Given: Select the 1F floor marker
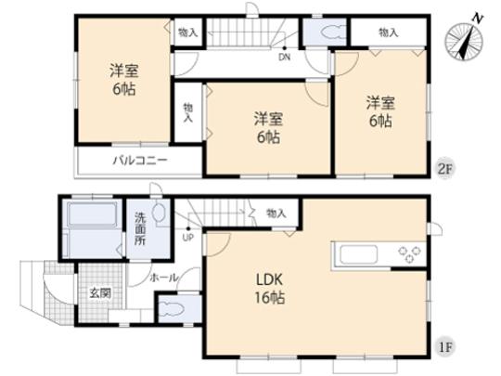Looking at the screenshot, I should [445, 349].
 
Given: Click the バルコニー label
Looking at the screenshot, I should [140, 161].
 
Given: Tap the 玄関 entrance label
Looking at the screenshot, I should [98, 292].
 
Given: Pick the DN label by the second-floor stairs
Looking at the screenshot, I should [284, 56].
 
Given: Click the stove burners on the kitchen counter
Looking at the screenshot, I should [409, 253].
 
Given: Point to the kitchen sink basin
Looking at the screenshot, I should [353, 253].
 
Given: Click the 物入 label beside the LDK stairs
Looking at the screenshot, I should [276, 214].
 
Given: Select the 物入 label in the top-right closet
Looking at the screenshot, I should [389, 32].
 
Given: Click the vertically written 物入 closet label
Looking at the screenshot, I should [188, 113].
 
